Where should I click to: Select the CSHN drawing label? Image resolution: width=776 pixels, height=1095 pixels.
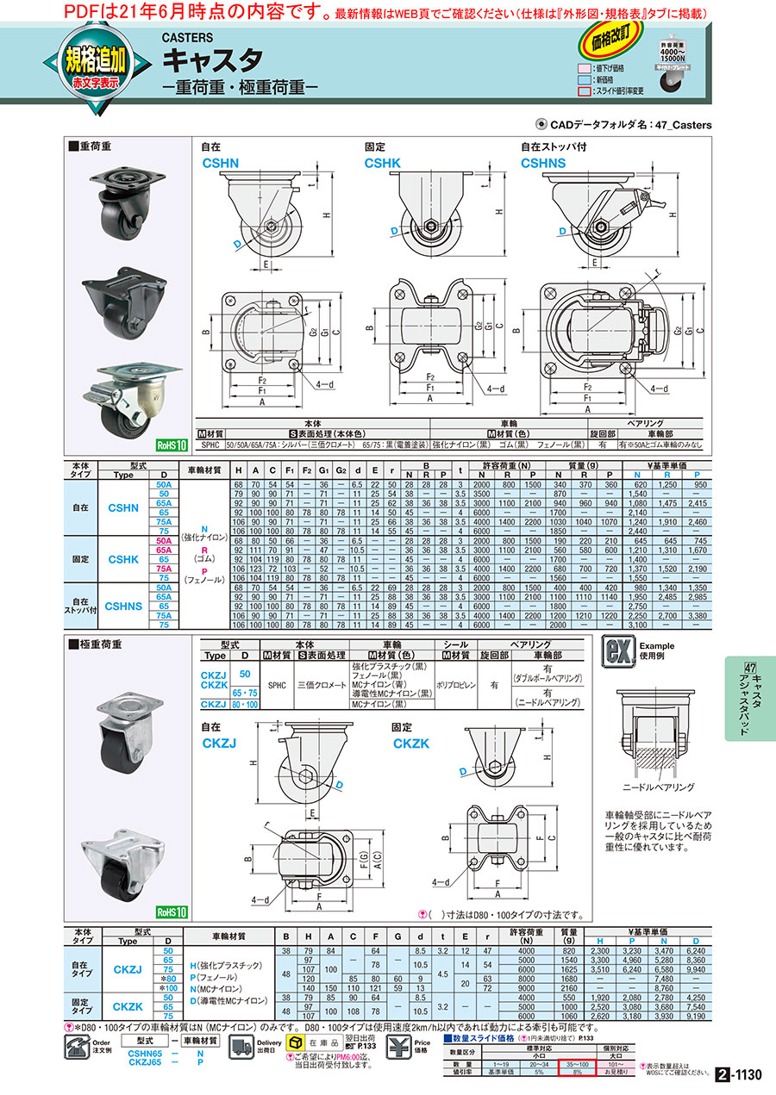click(x=219, y=161)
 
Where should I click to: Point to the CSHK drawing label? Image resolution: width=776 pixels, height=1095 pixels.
click(x=382, y=161)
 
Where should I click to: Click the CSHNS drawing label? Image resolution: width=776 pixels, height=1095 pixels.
click(x=544, y=161)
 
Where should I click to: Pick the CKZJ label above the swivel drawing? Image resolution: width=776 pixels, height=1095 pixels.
click(x=219, y=741)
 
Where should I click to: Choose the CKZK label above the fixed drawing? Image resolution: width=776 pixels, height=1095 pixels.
click(x=412, y=741)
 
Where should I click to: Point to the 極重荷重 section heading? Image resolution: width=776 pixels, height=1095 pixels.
click(x=99, y=644)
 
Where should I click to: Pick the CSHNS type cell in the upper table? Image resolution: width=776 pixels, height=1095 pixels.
click(x=123, y=607)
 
